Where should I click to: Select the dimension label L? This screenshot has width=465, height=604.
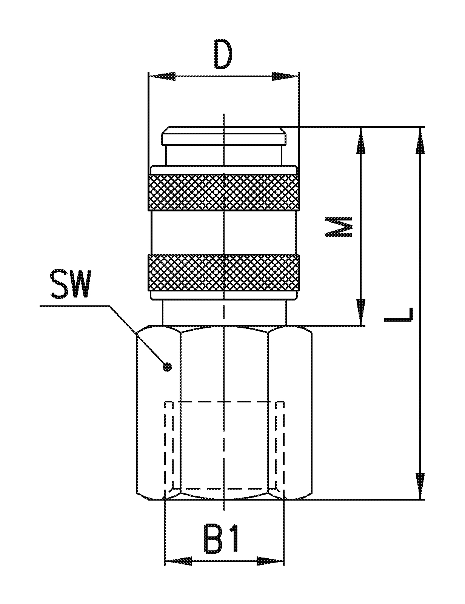tap(398, 315)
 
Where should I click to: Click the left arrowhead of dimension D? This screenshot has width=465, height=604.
tap(162, 76)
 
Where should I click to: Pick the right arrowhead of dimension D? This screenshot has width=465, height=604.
tap(286, 76)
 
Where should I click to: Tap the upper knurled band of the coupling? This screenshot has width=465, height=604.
tap(224, 193)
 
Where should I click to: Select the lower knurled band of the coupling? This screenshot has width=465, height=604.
tap(224, 273)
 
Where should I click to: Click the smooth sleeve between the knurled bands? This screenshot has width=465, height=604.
tap(224, 233)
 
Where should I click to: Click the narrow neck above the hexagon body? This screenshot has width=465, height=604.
tap(224, 313)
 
